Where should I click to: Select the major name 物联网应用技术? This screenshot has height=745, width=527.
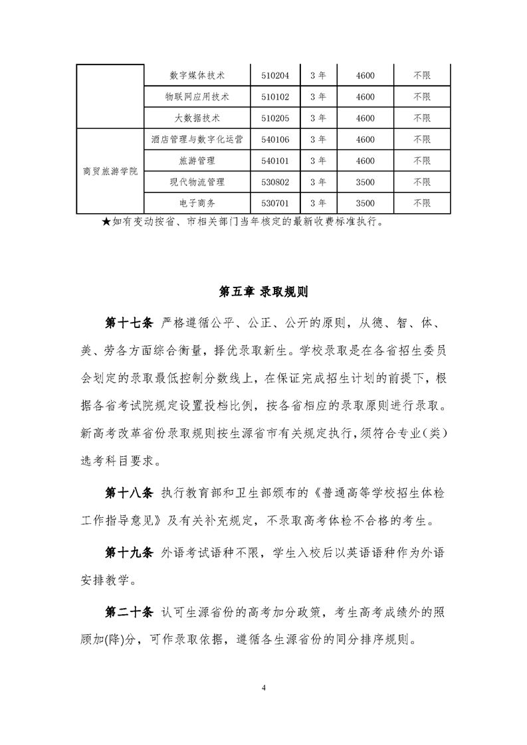[197, 97]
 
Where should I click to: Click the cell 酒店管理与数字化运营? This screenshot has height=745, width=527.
[197, 139]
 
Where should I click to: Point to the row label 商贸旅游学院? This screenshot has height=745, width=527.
[110, 171]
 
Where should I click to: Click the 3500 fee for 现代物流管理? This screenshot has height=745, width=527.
[365, 182]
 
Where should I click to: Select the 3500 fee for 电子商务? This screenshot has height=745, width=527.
[365, 203]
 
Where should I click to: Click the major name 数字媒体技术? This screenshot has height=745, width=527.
[197, 76]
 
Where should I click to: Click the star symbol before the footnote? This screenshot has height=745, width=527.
[106, 222]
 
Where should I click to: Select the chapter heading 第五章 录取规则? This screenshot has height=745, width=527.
[263, 292]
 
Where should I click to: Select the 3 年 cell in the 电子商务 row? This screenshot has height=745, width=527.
[318, 203]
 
